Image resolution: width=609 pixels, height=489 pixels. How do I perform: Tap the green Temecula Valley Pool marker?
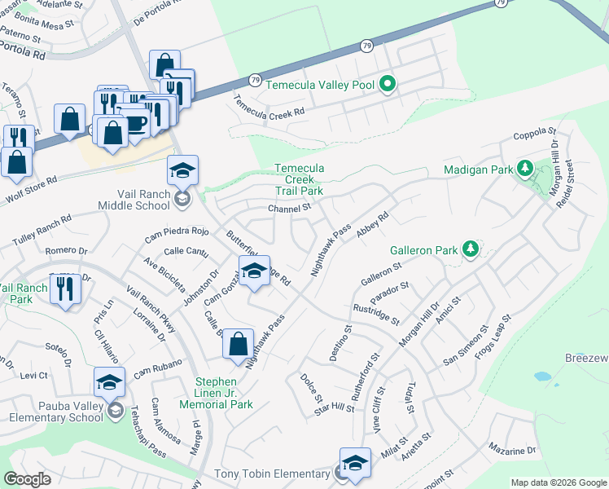(x=388, y=84)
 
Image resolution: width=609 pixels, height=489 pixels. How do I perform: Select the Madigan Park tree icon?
(x=525, y=170)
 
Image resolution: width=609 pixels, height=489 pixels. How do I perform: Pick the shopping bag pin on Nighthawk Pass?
(x=238, y=343)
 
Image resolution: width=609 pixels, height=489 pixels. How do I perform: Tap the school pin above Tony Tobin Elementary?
(x=355, y=463)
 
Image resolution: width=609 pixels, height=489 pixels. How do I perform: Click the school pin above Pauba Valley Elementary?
(x=110, y=381)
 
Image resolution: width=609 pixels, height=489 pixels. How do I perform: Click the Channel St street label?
(x=290, y=209)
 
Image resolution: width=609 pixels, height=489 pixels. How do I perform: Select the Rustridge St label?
(x=376, y=314)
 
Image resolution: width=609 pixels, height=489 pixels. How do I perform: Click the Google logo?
(x=28, y=479)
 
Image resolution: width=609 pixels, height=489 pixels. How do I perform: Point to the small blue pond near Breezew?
(x=542, y=377)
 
